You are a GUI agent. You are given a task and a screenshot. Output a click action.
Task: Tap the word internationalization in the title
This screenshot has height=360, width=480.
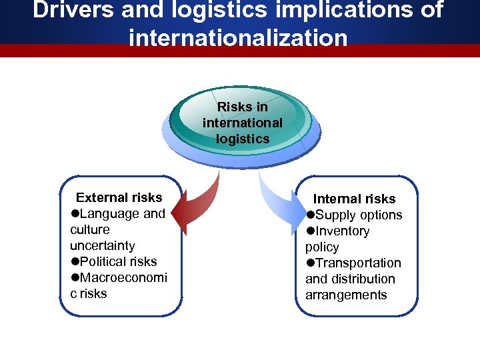click(x=239, y=37)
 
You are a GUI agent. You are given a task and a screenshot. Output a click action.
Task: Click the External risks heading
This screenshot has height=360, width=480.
click(x=119, y=197)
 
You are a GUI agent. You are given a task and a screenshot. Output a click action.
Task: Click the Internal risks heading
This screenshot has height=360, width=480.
click(x=354, y=199)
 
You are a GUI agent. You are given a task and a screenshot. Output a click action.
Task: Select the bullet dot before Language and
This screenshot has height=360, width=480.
click(x=75, y=213)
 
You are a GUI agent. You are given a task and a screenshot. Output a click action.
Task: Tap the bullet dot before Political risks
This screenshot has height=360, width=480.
click(x=75, y=261)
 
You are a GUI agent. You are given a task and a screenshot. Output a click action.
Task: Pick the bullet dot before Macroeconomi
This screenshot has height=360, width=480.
click(x=75, y=277)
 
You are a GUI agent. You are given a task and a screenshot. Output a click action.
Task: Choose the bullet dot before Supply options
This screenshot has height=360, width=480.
click(x=311, y=215)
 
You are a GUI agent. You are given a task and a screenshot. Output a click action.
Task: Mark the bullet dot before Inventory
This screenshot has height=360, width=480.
click(x=311, y=231)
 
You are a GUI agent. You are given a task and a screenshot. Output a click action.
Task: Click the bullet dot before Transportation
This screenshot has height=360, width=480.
click(x=311, y=263)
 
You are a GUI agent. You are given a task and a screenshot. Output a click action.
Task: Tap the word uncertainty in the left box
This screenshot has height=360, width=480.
click(x=102, y=245)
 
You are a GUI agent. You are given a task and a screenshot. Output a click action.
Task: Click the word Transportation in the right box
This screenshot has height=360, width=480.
click(x=358, y=263)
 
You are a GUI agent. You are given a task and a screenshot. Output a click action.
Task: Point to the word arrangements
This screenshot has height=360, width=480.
click(x=346, y=295)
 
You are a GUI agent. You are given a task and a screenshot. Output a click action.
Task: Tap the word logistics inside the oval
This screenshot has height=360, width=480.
click(x=242, y=139)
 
